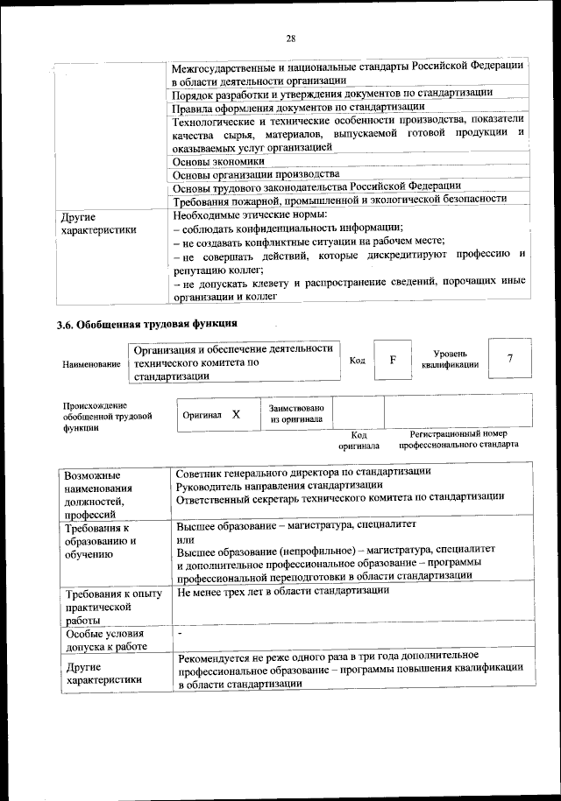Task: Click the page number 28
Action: point(290,38)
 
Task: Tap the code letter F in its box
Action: point(393,360)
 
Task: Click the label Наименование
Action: point(91,363)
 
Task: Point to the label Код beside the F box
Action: point(357,360)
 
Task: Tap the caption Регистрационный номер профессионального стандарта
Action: point(458,439)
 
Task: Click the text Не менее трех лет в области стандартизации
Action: point(282,591)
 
